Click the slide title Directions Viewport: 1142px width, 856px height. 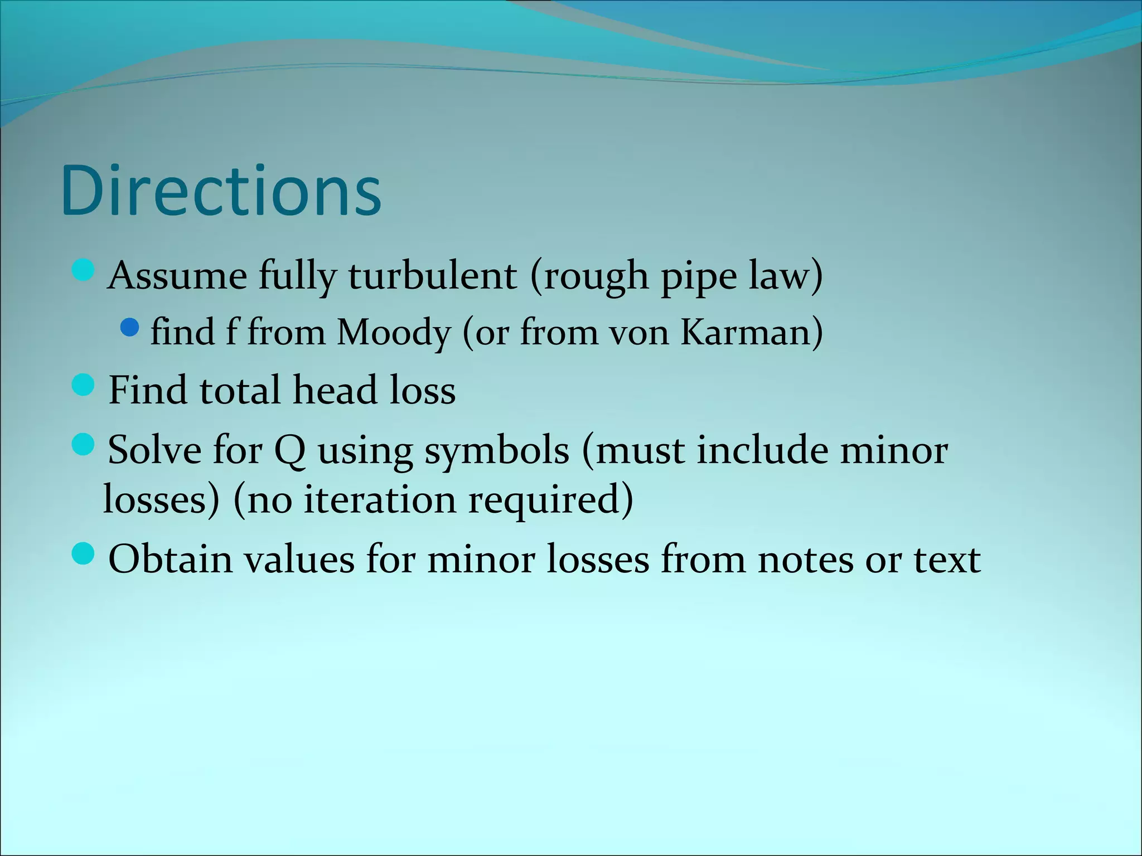221,191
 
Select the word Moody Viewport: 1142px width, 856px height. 394,333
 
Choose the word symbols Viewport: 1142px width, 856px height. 497,450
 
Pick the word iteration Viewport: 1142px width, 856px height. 379,499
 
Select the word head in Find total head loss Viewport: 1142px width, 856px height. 335,390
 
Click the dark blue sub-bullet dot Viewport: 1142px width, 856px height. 129,327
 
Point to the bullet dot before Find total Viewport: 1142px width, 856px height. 84,385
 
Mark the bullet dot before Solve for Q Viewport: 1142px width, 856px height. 84,445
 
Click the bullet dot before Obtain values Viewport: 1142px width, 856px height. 84,554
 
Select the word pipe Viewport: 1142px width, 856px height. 699,277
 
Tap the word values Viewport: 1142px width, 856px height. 299,559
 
